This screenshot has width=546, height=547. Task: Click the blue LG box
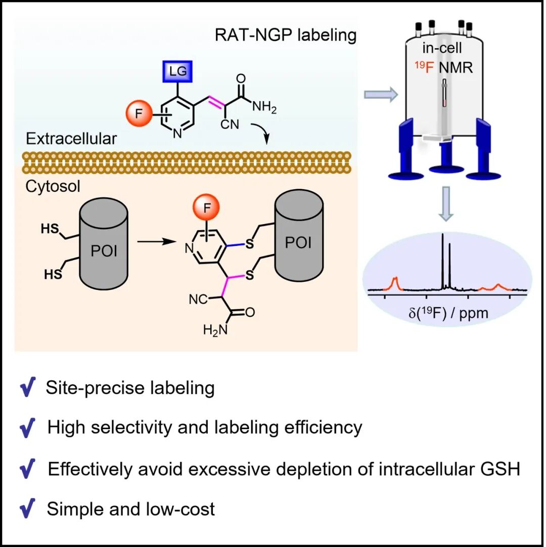click(x=178, y=72)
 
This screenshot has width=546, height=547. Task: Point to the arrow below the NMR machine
click(x=444, y=203)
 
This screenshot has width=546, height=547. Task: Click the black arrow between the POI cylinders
click(x=155, y=241)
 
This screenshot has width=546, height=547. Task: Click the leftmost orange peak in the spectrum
click(x=395, y=281)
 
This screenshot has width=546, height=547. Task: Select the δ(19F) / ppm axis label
click(x=448, y=313)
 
